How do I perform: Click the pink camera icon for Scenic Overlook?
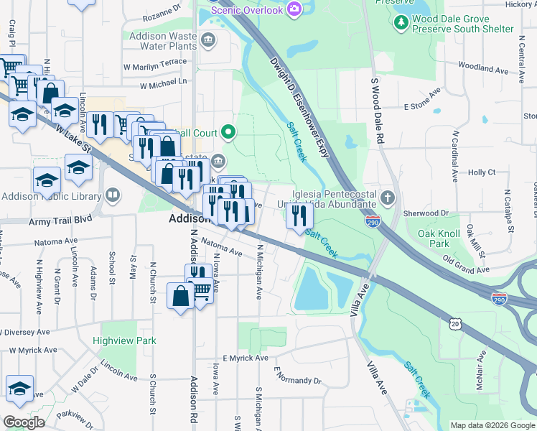point(293,9)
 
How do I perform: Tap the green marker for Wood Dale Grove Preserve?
point(401,23)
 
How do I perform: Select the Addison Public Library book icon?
point(112,195)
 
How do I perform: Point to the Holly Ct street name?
point(482,172)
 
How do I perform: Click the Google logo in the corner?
point(24,422)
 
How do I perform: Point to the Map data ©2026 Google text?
point(491,425)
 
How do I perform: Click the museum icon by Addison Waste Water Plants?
point(207,38)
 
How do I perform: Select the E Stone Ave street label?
point(421,101)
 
